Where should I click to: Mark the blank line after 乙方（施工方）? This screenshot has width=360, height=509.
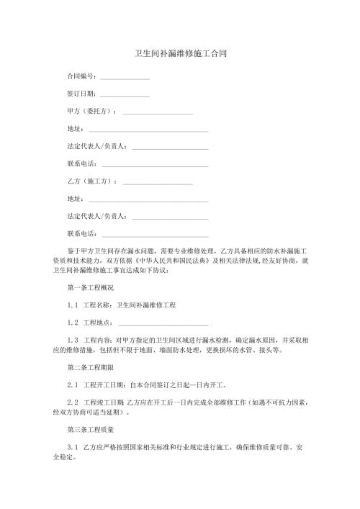[158, 184]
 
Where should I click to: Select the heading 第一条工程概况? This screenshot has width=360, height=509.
[89, 288]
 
